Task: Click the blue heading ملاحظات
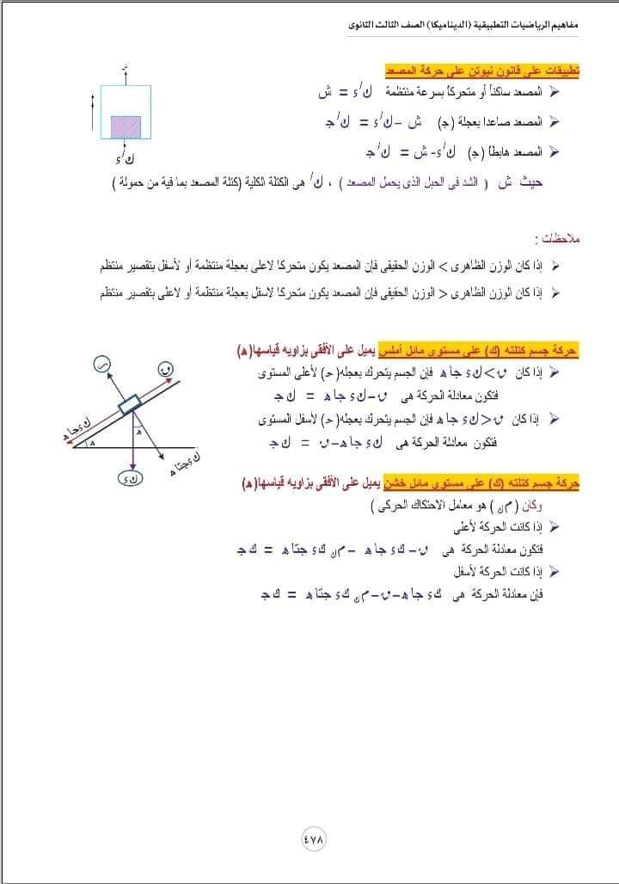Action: [553, 238]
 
